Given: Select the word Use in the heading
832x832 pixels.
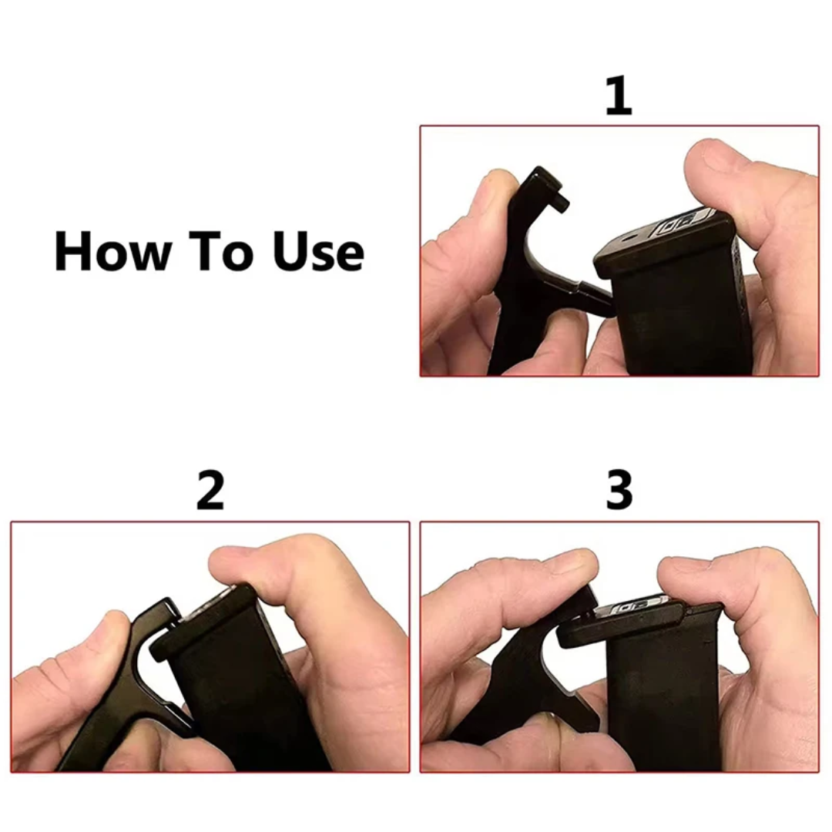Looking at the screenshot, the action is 318,251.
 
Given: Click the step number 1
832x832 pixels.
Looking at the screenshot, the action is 619,96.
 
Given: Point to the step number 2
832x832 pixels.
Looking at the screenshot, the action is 210,490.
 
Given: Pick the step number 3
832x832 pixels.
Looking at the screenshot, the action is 619,490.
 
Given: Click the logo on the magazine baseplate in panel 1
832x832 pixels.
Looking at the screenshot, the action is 679,222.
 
